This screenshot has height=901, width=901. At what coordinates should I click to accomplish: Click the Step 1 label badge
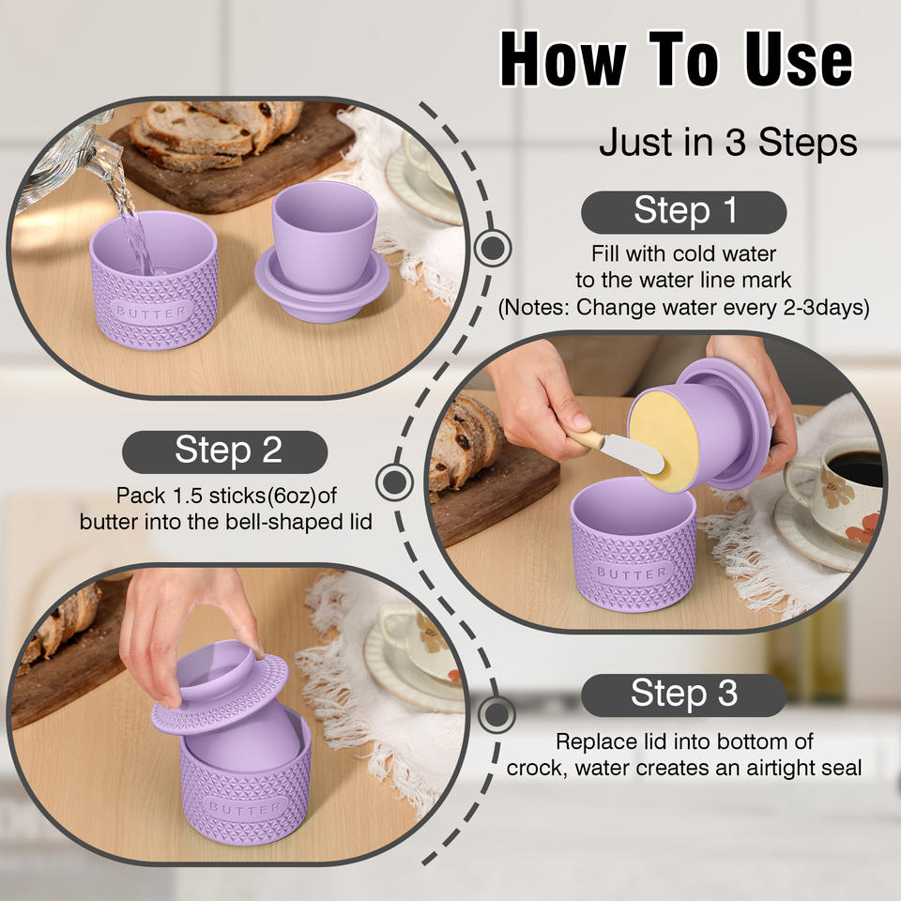tap(683, 212)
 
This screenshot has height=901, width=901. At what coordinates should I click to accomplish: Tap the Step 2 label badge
tap(224, 451)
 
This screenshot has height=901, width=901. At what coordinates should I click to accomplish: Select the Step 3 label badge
tap(683, 695)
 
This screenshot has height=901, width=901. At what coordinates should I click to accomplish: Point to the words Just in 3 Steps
tap(728, 142)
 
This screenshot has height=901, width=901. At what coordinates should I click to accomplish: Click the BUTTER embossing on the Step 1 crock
tap(152, 312)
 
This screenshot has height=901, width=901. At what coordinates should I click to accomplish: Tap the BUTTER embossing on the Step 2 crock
tap(632, 573)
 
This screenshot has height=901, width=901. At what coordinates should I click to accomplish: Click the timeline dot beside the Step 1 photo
tap(493, 248)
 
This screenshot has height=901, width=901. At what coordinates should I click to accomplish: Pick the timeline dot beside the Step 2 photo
tap(394, 481)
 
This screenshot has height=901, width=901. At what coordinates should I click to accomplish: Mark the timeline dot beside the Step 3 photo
tap(496, 714)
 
